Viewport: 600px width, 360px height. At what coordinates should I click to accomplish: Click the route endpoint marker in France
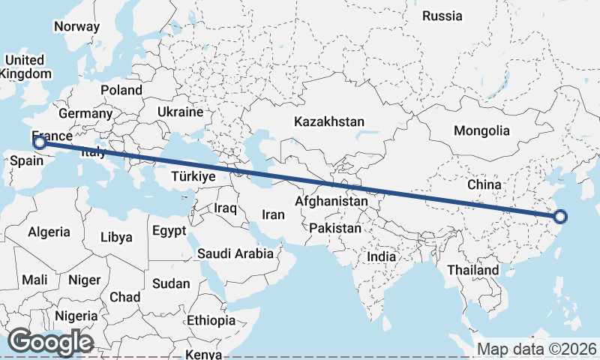(x=40, y=142)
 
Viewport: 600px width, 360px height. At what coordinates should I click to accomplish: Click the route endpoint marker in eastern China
(x=560, y=217)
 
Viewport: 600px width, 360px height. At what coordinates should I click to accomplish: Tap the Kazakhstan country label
(x=329, y=121)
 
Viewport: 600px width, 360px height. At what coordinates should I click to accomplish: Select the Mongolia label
(x=481, y=130)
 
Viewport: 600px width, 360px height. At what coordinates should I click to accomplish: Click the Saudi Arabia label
(x=235, y=253)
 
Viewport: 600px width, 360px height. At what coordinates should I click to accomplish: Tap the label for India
(x=382, y=256)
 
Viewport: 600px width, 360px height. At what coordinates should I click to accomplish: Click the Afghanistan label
(x=331, y=201)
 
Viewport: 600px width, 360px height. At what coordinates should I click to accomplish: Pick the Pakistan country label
(x=334, y=227)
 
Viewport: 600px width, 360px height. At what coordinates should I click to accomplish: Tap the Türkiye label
(x=193, y=177)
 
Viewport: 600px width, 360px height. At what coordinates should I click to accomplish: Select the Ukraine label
(x=180, y=112)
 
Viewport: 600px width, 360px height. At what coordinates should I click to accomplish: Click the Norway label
(x=76, y=26)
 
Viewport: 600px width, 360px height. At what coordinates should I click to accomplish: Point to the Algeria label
(x=49, y=232)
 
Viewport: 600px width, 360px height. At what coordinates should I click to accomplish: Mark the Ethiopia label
(x=211, y=320)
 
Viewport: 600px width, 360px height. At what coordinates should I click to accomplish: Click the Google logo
(x=50, y=342)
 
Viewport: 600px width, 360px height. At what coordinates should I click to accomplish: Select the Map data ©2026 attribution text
(x=538, y=349)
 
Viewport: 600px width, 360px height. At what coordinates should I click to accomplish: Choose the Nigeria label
(x=76, y=316)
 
